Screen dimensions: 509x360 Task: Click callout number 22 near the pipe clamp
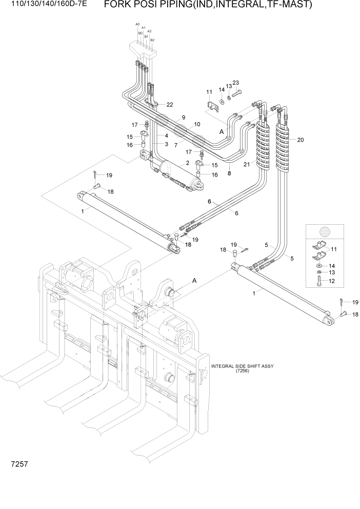[169, 105]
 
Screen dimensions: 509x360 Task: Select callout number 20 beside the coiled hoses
[301, 140]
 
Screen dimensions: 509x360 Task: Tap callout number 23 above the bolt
[236, 83]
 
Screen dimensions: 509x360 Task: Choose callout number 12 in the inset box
[332, 282]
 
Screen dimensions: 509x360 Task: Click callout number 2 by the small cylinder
[188, 163]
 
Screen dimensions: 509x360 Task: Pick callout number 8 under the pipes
[229, 173]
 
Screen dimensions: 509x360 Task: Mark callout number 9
[183, 118]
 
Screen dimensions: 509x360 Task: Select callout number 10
[197, 125]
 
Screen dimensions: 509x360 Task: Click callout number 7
[175, 145]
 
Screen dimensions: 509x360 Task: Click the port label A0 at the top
[137, 25]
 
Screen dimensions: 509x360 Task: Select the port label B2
[152, 40]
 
